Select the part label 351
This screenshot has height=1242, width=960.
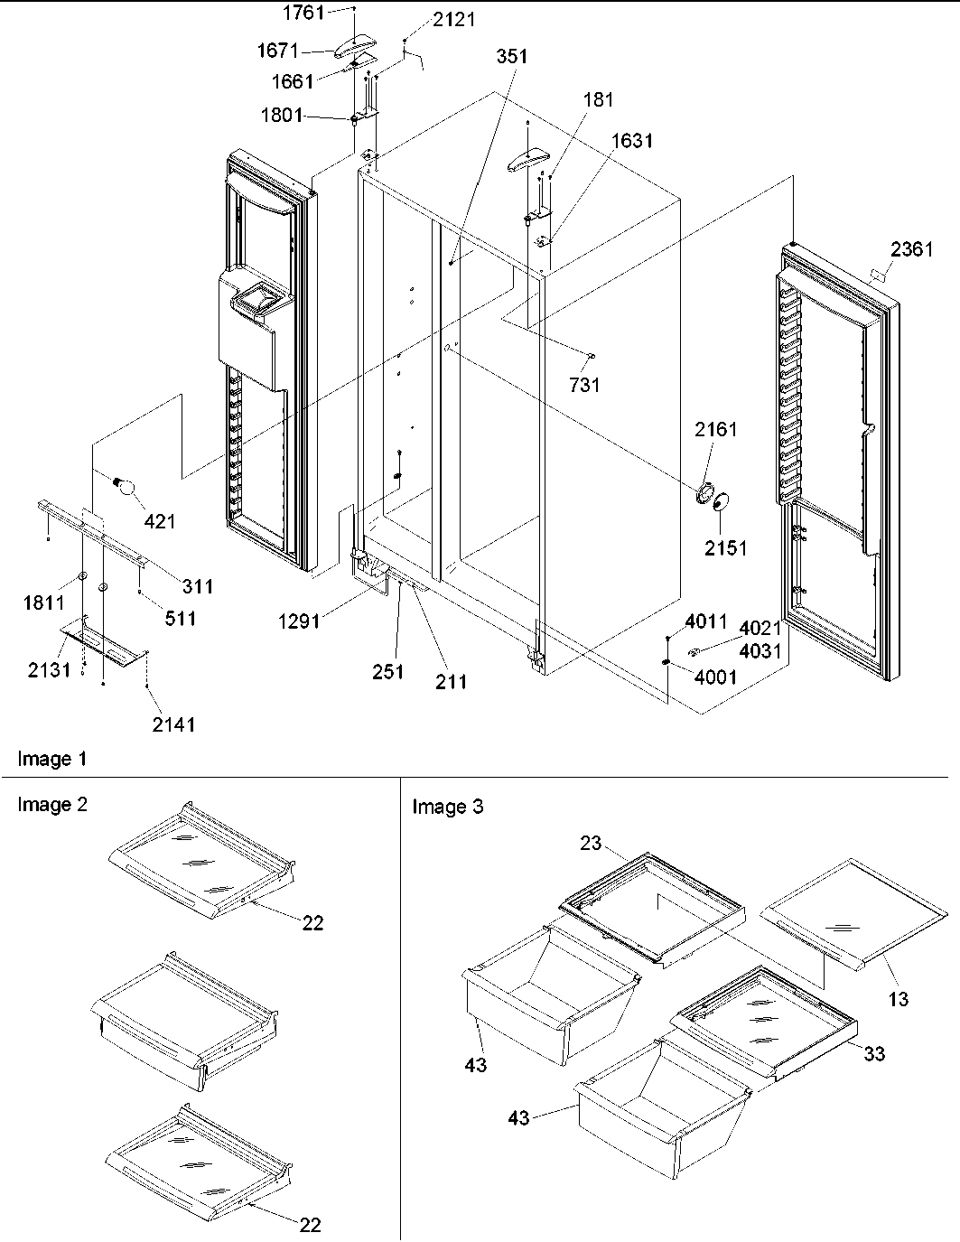tap(510, 56)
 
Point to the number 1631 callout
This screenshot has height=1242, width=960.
tap(631, 141)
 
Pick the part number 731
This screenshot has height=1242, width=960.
tap(584, 386)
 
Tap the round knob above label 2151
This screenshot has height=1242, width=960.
tap(722, 503)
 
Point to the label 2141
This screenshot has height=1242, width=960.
tap(172, 724)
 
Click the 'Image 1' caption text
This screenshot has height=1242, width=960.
tap(52, 760)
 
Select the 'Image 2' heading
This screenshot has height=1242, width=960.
tap(52, 805)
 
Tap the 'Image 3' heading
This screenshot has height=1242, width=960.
tap(447, 807)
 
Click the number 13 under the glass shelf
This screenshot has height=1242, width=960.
tap(898, 999)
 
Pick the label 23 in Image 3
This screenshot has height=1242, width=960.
tap(590, 845)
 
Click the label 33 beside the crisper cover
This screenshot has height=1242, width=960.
tap(873, 1053)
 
